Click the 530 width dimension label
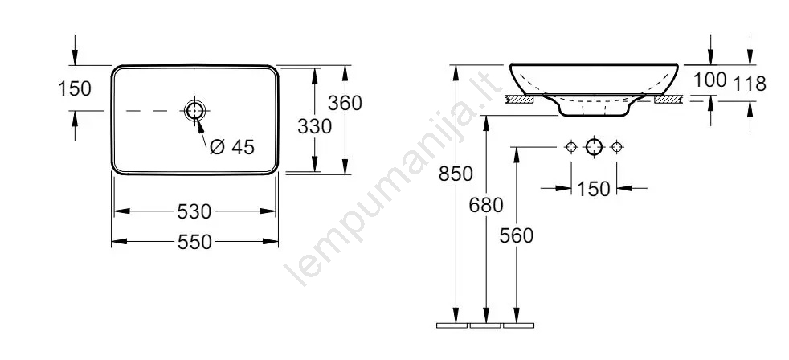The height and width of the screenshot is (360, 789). coord(194,211)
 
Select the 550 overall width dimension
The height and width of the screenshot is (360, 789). coord(194,242)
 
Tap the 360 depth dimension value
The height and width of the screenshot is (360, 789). coord(345,103)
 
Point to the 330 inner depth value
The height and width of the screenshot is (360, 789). coord(314,126)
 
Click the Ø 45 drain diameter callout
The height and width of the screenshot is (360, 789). coord(232,147)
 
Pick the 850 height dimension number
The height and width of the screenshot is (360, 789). coord(456,174)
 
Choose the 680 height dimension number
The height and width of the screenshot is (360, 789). coord(485,205)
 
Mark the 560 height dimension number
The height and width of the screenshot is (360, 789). coord(517,235)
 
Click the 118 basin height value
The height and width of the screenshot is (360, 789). coord(750,84)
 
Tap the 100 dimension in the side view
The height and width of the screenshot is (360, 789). coord(710,80)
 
